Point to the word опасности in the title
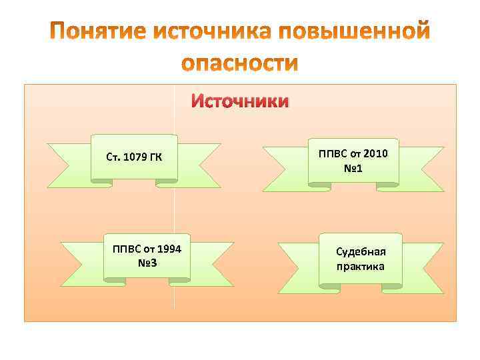240,63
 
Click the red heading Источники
240,101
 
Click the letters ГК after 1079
155,158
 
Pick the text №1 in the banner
354,169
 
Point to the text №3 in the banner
147,263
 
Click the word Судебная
361,252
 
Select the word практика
361,267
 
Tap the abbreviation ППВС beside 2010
333,154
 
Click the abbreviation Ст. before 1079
113,158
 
